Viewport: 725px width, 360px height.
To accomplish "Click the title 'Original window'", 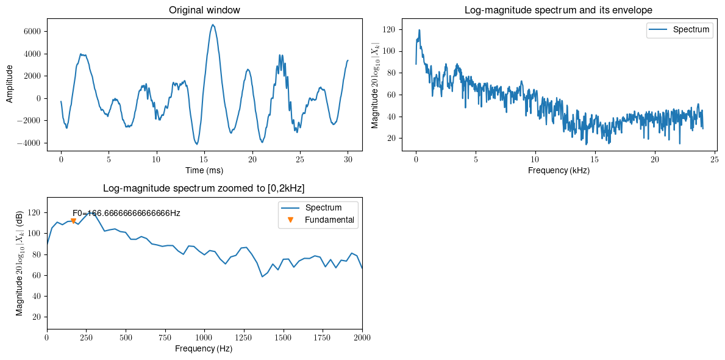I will pyautogui.click(x=204, y=10).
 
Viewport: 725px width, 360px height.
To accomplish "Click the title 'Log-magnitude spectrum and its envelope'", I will pyautogui.click(x=558, y=10).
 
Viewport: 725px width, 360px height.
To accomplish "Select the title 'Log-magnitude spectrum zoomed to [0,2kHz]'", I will pyautogui.click(x=204, y=189).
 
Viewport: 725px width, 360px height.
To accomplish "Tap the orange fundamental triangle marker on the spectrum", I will pyautogui.click(x=73, y=221).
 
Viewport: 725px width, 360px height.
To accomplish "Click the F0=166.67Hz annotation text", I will pyautogui.click(x=126, y=213).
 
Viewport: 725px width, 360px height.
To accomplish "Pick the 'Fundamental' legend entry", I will pyautogui.click(x=329, y=220).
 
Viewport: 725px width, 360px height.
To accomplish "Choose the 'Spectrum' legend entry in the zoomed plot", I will pyautogui.click(x=323, y=207).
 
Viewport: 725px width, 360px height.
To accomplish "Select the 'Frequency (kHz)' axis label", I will pyautogui.click(x=559, y=170).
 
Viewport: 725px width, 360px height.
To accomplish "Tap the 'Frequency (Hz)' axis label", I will pyautogui.click(x=204, y=348).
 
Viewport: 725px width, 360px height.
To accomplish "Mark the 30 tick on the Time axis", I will pyautogui.click(x=348, y=159).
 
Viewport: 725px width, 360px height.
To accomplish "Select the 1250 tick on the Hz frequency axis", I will pyautogui.click(x=243, y=337).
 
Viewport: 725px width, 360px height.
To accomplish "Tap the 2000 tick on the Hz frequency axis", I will pyautogui.click(x=362, y=337).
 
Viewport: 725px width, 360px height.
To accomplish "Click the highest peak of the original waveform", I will pyautogui.click(x=213, y=25).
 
